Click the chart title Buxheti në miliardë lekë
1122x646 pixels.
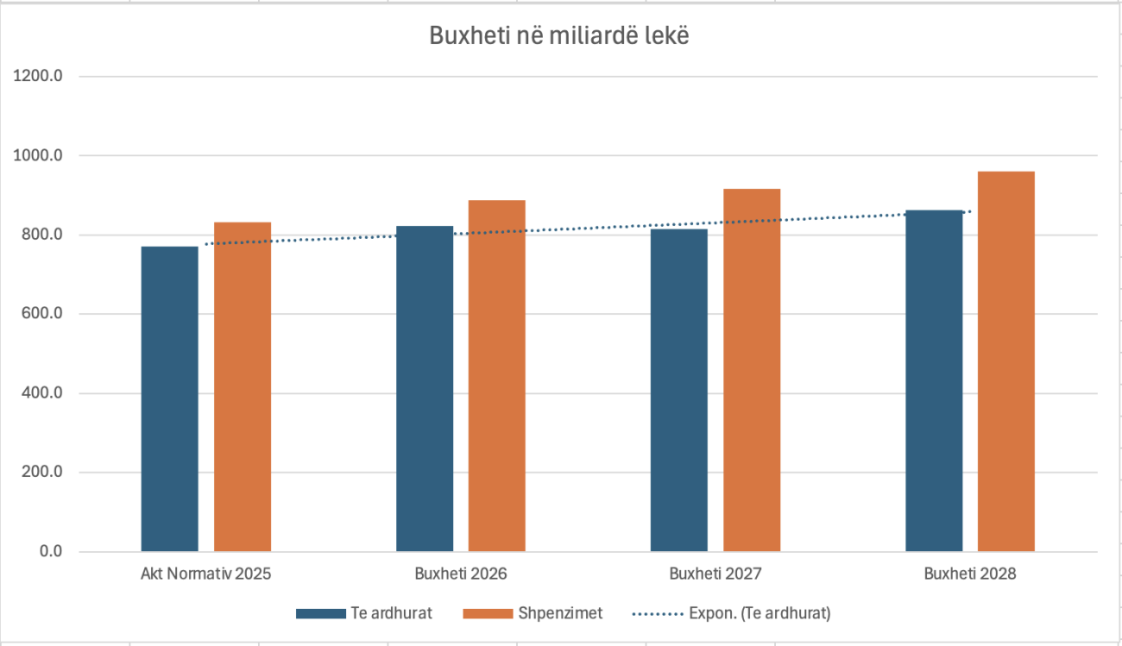(559, 37)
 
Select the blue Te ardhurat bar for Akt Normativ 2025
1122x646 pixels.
(170, 398)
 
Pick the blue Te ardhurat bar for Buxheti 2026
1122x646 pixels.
(425, 388)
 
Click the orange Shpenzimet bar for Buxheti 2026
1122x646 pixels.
(497, 375)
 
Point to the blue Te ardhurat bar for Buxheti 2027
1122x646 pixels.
(679, 390)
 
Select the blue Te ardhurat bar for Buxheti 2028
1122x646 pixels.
(934, 380)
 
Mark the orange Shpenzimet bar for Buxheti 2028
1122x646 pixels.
(1006, 361)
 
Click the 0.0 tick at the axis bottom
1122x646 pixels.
(50, 552)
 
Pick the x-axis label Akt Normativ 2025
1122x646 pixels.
(205, 574)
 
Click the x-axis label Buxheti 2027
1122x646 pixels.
(715, 574)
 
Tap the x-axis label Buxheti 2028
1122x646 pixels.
(970, 574)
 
